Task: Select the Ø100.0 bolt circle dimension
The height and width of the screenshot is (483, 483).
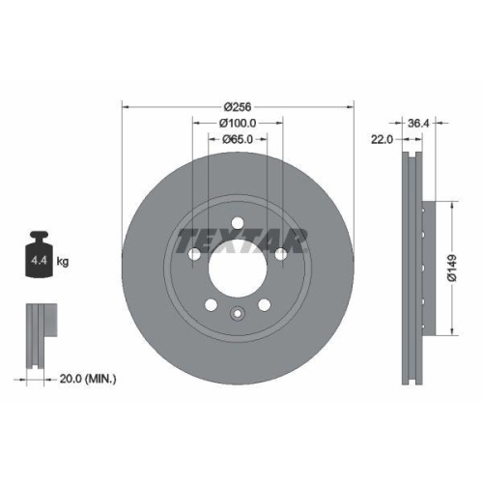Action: click(238, 123)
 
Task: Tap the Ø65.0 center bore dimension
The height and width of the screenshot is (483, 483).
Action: click(238, 139)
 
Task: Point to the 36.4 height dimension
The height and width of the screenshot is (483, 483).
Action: click(417, 123)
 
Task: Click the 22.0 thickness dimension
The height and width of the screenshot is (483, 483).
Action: click(381, 140)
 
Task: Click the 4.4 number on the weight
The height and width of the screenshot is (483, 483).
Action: click(39, 261)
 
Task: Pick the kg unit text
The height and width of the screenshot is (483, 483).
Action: click(63, 261)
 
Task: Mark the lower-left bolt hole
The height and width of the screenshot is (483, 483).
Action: click(212, 305)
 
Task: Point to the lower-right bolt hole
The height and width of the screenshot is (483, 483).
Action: click(264, 305)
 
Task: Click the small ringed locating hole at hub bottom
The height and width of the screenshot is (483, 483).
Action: click(238, 312)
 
